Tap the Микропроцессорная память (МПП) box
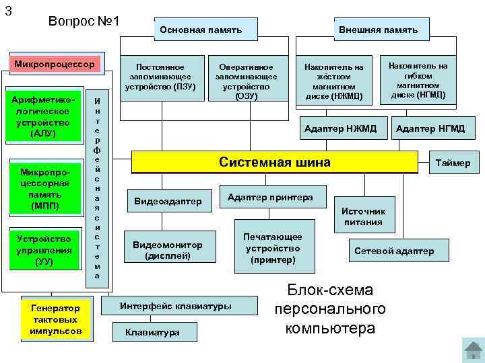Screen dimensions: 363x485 45,189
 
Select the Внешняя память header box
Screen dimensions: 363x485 377,30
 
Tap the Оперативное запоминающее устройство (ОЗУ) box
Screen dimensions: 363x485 247,81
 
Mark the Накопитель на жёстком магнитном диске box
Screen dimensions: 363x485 333,81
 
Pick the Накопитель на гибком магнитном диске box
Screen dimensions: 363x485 418,80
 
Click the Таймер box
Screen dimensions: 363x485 455,163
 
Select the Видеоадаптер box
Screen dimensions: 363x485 168,201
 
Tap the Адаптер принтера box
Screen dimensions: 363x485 270,197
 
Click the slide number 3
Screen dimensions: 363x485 8,9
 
